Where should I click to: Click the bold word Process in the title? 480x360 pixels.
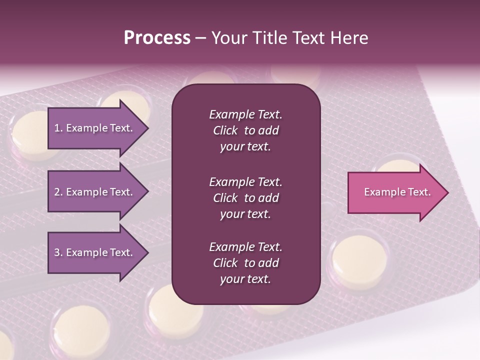tap(157, 38)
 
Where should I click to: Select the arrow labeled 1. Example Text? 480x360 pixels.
tap(93, 128)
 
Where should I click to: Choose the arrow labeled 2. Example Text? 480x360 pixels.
tap(93, 192)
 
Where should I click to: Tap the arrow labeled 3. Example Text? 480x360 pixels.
tap(93, 252)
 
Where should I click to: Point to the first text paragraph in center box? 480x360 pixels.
tap(245, 130)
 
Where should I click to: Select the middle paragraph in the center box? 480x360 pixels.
tap(245, 198)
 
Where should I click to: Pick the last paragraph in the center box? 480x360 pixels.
tap(245, 263)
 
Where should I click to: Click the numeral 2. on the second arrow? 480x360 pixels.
tap(58, 192)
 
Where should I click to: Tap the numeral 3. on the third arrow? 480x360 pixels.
tap(58, 252)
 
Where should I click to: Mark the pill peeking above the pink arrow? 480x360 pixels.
tap(397, 165)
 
